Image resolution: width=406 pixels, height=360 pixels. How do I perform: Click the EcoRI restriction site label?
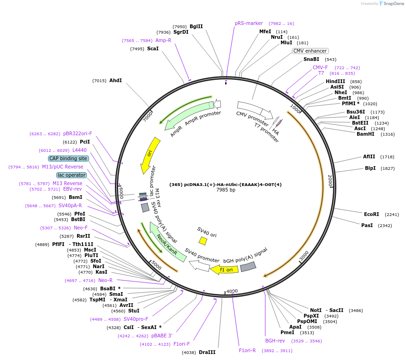(x=371, y=214)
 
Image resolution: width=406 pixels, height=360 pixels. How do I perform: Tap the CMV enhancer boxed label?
(x=310, y=51)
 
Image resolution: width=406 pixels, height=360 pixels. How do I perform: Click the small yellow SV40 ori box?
(x=203, y=241)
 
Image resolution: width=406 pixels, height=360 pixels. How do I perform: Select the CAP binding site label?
(x=68, y=158)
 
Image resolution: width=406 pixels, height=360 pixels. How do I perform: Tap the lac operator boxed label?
(x=72, y=175)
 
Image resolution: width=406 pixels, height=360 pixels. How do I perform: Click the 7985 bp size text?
(x=226, y=190)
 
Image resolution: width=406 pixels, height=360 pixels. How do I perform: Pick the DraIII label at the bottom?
(x=207, y=352)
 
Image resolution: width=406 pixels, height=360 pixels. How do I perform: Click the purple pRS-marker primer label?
(x=249, y=23)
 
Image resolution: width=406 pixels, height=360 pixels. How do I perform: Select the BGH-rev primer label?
(x=275, y=341)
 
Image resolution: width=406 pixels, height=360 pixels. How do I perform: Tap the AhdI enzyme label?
(x=115, y=80)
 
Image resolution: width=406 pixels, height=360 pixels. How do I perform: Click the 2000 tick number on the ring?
(x=330, y=180)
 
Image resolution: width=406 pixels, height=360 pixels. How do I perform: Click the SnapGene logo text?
(x=394, y=4)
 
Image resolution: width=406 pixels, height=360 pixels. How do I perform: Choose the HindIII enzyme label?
(x=335, y=81)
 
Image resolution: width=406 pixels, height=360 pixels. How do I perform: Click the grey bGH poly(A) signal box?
(x=248, y=267)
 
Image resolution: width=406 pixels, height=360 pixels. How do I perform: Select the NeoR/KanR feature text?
(x=167, y=245)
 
